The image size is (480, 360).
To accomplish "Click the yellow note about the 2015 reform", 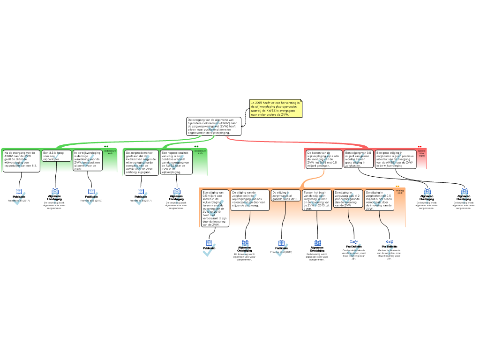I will pyautogui.click(x=276, y=108).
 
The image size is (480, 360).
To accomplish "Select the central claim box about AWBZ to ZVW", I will pyautogui.click(x=214, y=127).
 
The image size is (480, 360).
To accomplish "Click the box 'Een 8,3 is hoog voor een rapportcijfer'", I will pyautogui.click(x=57, y=156).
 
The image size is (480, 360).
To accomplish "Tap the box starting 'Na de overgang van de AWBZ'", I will pyautogui.click(x=22, y=161).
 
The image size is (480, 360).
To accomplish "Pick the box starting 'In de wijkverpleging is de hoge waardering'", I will pyautogui.click(x=88, y=160).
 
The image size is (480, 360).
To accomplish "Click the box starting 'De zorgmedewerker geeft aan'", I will pyautogui.click(x=142, y=162).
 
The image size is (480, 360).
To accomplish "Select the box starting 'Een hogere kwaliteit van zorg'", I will pyautogui.click(x=176, y=162).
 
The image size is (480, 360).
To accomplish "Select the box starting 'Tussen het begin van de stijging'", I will pyautogui.click(x=316, y=201).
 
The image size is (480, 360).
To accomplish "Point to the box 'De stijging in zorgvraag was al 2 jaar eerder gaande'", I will pyautogui.click(x=348, y=199).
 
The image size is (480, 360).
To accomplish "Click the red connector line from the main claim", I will pyautogui.click(x=300, y=141).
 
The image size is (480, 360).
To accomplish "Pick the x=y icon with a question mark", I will pyautogui.click(x=389, y=248).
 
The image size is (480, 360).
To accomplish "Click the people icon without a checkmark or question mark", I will pyautogui.click(x=318, y=243).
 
